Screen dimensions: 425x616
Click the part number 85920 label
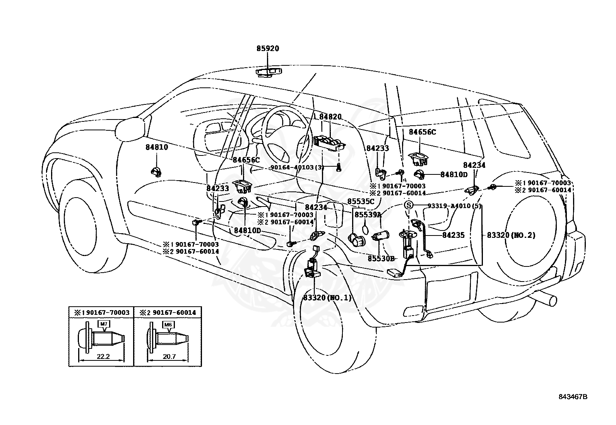point(267,49)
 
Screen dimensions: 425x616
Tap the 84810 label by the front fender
point(157,147)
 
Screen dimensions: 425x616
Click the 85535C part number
point(361,201)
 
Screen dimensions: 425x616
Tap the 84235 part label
point(453,235)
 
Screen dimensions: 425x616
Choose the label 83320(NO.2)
point(511,235)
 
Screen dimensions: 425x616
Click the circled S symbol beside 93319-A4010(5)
point(409,206)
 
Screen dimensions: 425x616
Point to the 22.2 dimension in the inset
point(103,357)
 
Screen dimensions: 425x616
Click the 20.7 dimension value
point(169,357)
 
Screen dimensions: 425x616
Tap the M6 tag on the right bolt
point(168,325)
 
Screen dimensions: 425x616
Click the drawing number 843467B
point(572,397)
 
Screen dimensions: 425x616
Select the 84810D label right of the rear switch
point(453,174)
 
